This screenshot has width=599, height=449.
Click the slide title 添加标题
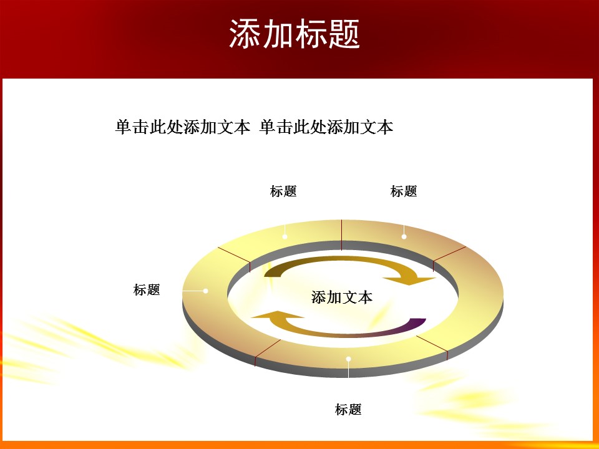tap(295, 34)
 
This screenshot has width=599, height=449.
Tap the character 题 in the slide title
tap(344, 34)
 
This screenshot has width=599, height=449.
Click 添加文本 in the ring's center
tap(341, 297)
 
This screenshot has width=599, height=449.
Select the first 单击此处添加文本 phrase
tap(183, 127)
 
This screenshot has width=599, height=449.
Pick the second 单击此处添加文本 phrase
tap(326, 127)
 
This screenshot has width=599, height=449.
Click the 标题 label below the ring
tap(348, 410)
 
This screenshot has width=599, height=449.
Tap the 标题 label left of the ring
tap(147, 289)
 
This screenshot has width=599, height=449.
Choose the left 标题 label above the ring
tap(283, 191)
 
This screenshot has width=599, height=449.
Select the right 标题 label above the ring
tap(404, 191)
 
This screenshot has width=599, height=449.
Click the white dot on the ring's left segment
tap(206, 291)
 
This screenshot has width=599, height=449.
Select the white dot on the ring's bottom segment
tap(349, 359)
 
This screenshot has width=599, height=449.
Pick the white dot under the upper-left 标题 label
tap(285, 236)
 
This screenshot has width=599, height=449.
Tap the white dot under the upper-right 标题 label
tap(404, 236)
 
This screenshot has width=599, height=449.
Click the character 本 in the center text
tap(365, 297)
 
